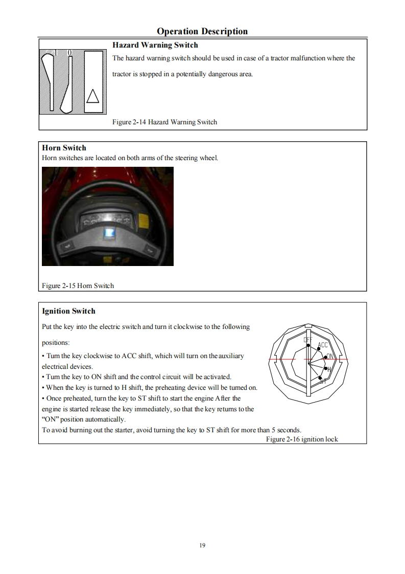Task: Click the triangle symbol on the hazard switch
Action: tap(92, 96)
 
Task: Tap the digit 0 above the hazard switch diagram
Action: tap(70, 52)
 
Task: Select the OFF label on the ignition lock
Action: tap(307, 340)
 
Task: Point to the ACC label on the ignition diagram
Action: tap(323, 345)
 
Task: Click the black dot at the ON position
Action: tap(326, 357)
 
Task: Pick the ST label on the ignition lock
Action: tap(323, 381)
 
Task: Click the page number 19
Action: tap(202, 546)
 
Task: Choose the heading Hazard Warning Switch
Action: tap(155, 45)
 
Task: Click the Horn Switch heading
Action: tap(64, 148)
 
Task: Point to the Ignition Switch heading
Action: tap(68, 311)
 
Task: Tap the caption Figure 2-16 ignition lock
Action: tap(302, 439)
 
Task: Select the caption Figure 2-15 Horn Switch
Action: tap(78, 285)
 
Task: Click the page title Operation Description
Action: tap(202, 31)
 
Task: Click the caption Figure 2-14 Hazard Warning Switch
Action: tap(164, 122)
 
